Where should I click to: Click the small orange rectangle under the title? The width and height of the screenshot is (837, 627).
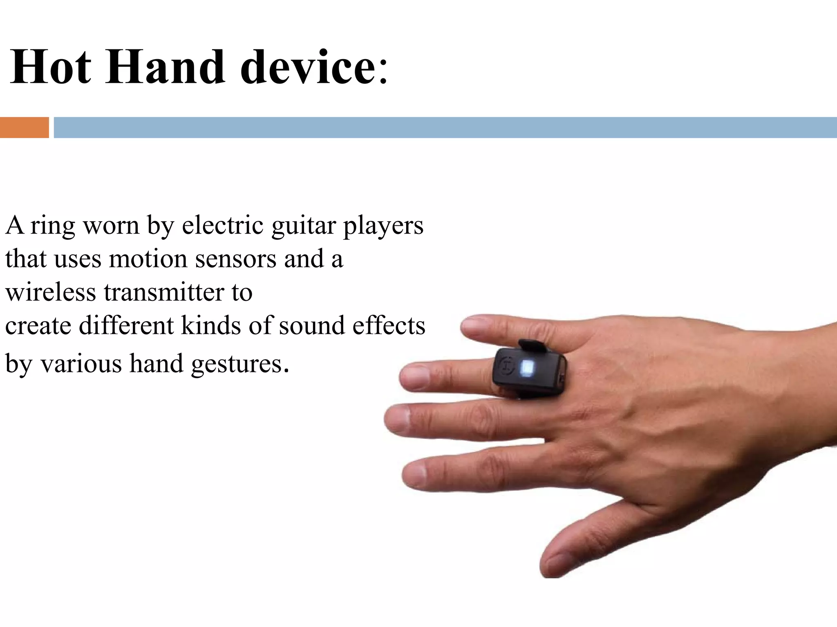coord(24,127)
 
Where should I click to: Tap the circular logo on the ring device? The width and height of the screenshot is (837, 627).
coord(506,365)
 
